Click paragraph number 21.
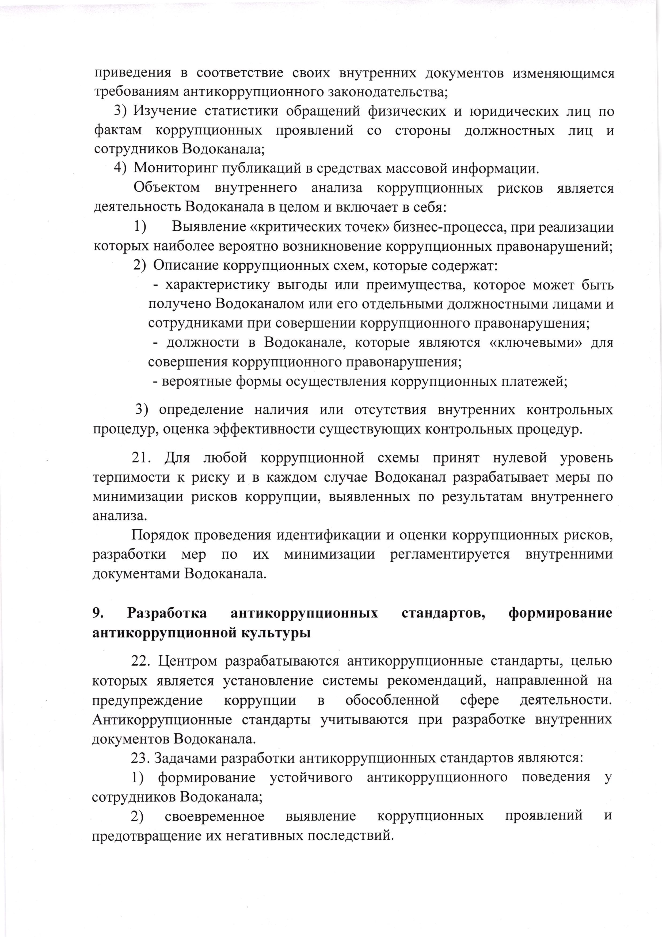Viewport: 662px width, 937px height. [141, 458]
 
